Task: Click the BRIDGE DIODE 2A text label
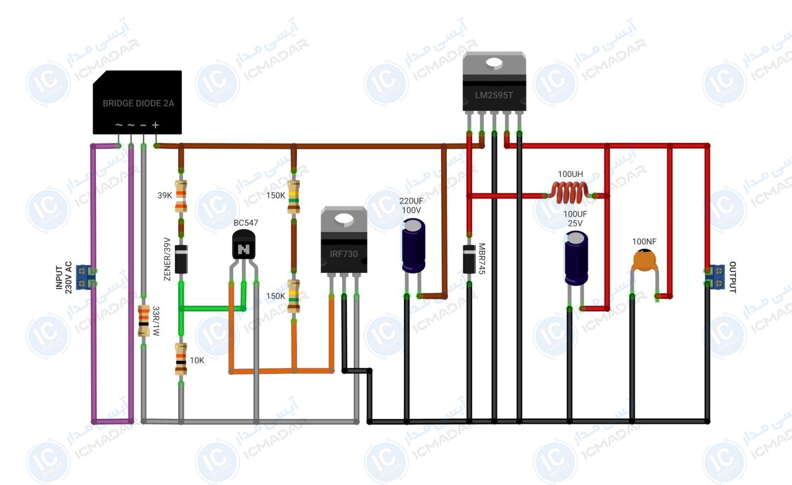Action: click(x=138, y=103)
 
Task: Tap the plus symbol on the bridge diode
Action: click(x=155, y=125)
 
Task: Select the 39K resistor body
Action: click(x=181, y=196)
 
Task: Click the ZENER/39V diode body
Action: click(x=181, y=259)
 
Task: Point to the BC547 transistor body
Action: click(x=244, y=245)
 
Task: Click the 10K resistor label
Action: click(x=197, y=360)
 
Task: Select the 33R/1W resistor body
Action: click(x=144, y=320)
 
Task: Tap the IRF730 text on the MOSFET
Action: click(x=343, y=254)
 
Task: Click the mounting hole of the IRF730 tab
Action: click(x=344, y=219)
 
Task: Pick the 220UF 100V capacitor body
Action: click(x=413, y=246)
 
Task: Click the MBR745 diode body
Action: click(x=469, y=259)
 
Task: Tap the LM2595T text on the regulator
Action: click(x=494, y=95)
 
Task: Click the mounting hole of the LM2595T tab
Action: click(x=494, y=63)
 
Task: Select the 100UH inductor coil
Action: click(x=570, y=192)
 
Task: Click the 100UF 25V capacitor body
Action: click(x=576, y=258)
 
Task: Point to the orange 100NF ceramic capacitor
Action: click(x=645, y=260)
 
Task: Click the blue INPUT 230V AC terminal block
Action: click(x=85, y=277)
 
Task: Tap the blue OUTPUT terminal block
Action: click(x=715, y=277)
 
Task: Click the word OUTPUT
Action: click(x=733, y=277)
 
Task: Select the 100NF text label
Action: click(x=644, y=241)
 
